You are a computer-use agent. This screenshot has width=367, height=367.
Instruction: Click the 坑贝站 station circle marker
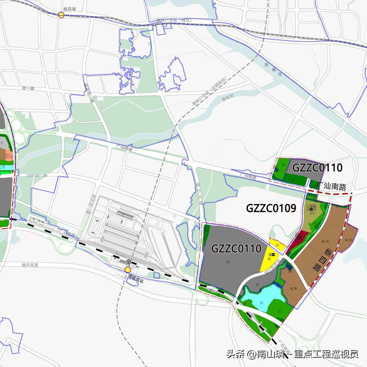point(61,15)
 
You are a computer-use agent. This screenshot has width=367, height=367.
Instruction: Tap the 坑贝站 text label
point(69,9)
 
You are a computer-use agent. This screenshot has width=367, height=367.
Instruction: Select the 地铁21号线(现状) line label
point(174,20)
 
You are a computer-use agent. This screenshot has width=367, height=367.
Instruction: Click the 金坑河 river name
point(228,98)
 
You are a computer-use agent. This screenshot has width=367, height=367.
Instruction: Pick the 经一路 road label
point(28,88)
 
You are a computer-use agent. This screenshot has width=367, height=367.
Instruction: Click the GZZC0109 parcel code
point(271,208)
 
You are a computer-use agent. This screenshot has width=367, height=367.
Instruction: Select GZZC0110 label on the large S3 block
point(236,248)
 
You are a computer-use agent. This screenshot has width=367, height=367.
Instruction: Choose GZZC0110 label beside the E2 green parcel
point(317,168)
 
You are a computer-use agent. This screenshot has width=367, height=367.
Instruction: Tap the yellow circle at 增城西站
point(128,270)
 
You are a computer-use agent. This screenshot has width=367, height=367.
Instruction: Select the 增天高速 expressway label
point(30,265)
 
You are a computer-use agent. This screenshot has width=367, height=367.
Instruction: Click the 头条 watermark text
point(236,354)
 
